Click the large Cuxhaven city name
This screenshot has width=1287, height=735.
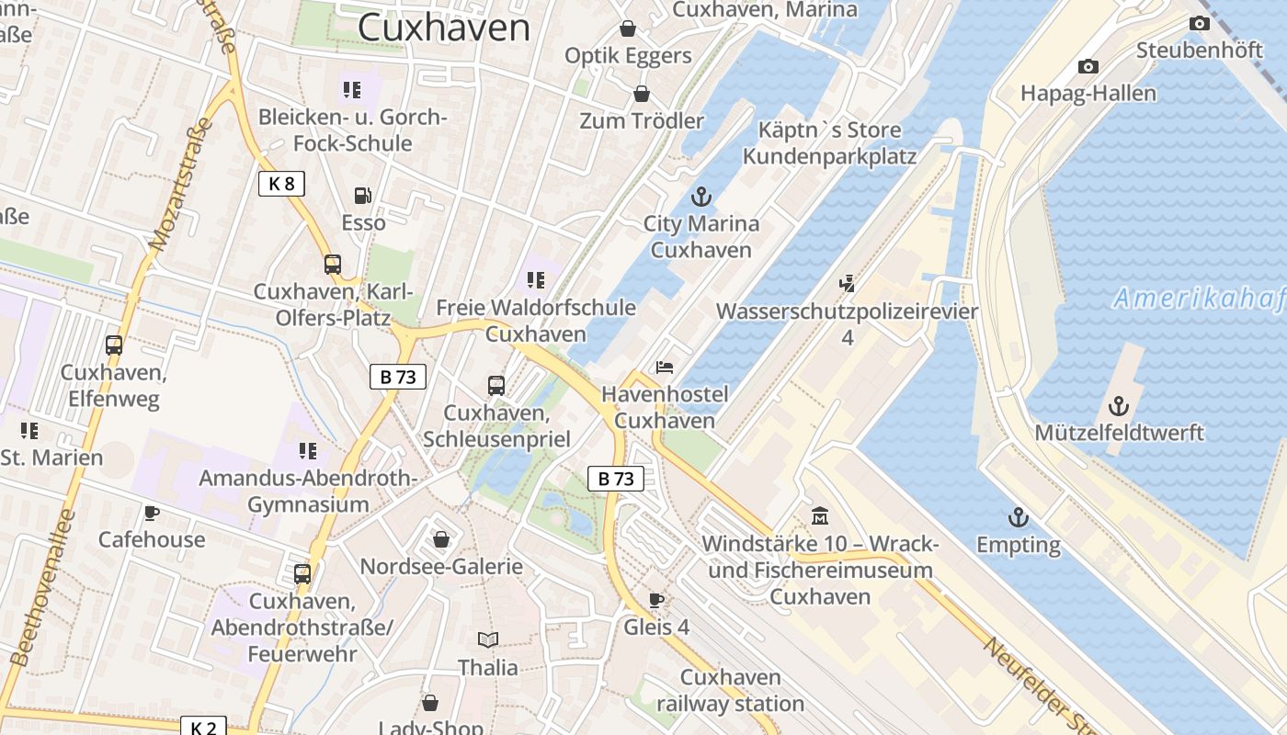(444, 28)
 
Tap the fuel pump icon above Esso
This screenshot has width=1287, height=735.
(363, 196)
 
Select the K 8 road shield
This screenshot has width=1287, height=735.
(281, 184)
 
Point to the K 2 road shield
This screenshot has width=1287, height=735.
(203, 728)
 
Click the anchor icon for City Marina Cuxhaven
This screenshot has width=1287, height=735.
(701, 197)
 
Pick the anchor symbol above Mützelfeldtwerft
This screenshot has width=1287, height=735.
(1119, 405)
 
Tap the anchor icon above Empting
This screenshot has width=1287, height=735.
(1018, 517)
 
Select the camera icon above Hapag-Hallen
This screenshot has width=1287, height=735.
(1088, 66)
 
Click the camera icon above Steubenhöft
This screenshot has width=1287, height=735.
(1200, 24)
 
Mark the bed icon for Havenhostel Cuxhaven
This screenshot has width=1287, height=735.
(665, 367)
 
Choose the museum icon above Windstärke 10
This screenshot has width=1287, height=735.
(820, 516)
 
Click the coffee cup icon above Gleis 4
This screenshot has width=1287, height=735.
(656, 601)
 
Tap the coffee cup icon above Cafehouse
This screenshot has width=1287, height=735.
(152, 513)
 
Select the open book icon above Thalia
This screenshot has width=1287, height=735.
(488, 639)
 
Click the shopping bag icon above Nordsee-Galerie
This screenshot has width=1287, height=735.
(441, 539)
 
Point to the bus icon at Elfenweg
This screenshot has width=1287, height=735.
(114, 345)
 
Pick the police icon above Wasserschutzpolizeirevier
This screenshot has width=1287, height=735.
(847, 284)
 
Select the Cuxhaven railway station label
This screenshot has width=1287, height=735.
(731, 691)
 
